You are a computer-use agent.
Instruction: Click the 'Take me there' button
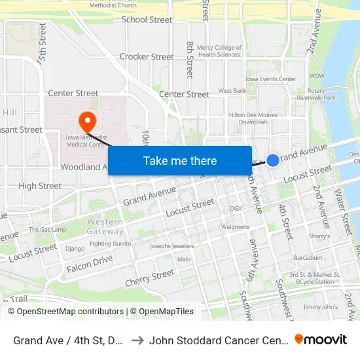coord(180,160)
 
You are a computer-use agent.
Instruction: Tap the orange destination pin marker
coord(87,121)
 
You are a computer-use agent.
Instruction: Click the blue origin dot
coord(273,159)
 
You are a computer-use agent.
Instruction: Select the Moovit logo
coord(320,340)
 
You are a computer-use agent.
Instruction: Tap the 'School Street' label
coord(147,20)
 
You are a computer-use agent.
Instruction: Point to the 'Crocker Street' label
coord(147,57)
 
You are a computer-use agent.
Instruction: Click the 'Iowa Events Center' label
coord(270,79)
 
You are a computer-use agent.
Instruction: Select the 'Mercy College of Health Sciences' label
coord(219,51)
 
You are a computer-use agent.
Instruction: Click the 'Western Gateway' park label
coord(105,226)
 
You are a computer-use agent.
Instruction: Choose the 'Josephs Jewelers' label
coord(172,246)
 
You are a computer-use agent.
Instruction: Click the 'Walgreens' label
coord(235,227)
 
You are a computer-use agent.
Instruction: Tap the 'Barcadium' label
coord(308,258)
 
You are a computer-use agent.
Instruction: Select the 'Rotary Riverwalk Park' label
coord(321,94)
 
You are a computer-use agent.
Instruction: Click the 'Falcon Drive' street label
coord(90,262)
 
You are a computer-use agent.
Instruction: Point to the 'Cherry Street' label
coord(150,277)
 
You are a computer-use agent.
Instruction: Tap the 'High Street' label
coord(40,186)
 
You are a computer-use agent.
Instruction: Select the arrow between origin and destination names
coord(138,340)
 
